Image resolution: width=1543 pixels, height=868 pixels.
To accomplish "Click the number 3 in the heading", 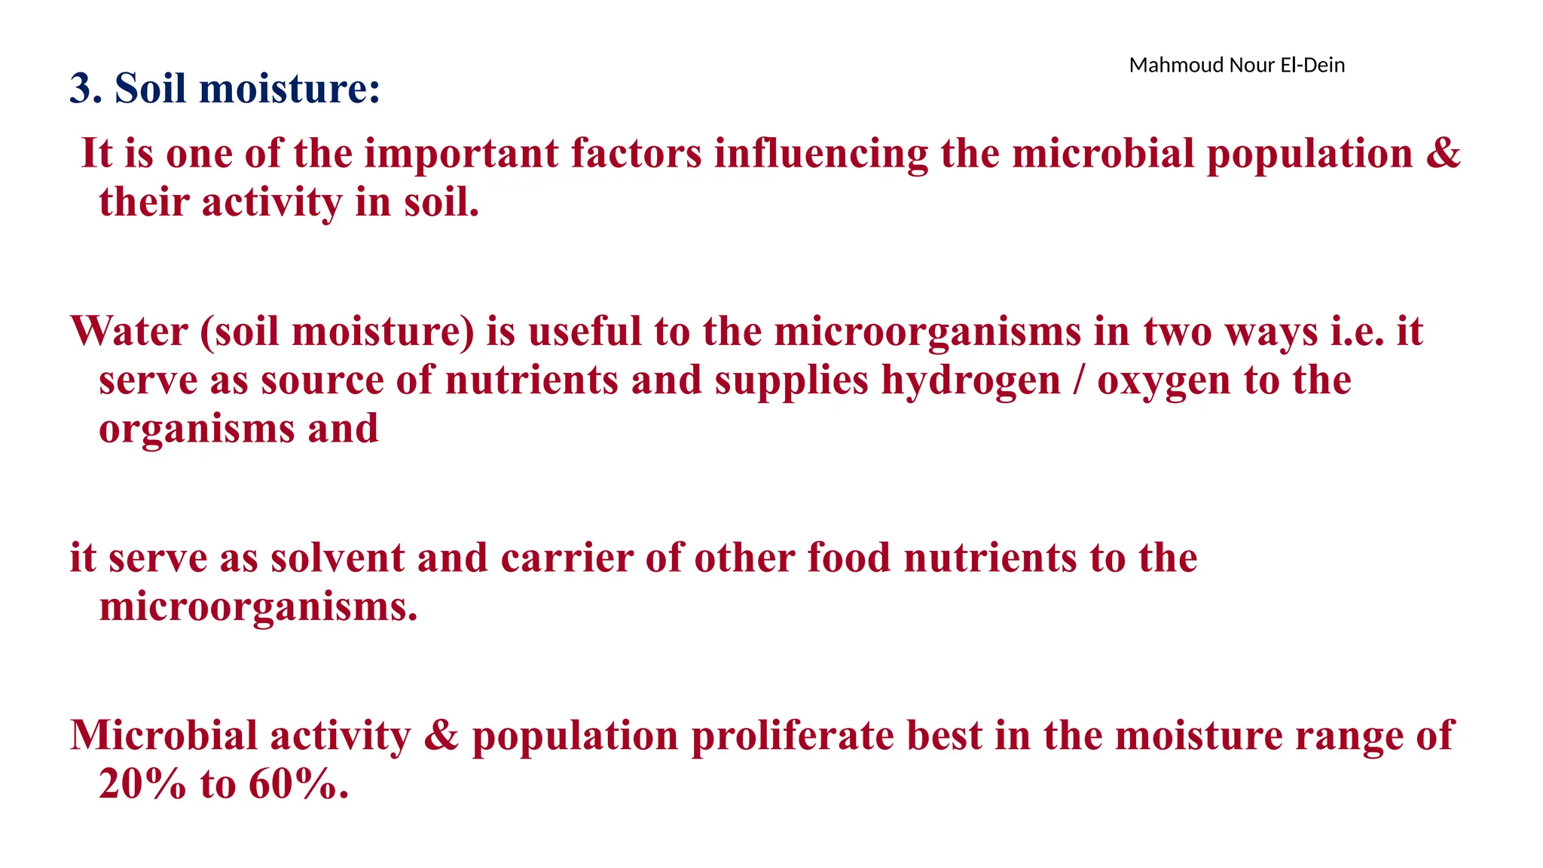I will coord(81,89).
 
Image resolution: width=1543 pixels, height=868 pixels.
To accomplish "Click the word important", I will coord(461,154).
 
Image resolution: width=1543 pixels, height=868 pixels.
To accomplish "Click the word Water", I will coord(129,332).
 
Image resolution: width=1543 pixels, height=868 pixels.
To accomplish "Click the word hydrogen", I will coord(970,381).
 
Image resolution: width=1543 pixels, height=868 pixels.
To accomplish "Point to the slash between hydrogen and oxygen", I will coord(1079,381).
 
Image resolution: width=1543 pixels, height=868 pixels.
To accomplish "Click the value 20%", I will coord(142,785).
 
